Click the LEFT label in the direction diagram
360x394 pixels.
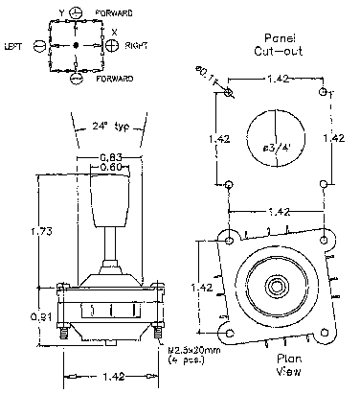(14, 45)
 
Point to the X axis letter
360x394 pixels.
(114, 31)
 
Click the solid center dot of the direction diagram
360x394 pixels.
(76, 45)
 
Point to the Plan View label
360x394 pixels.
(276, 367)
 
